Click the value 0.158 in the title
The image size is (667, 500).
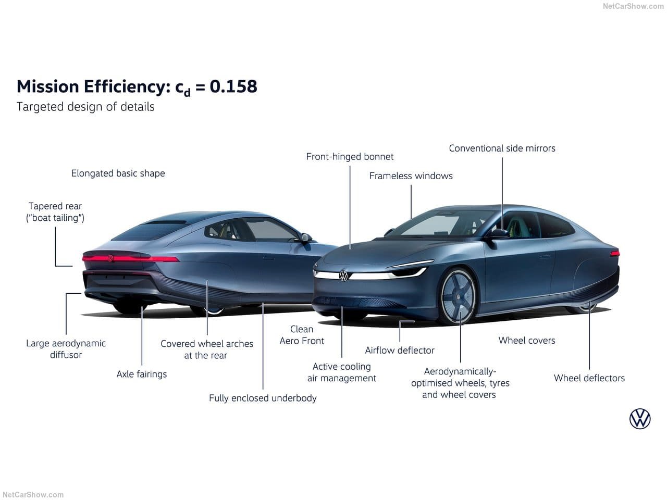[x=233, y=86]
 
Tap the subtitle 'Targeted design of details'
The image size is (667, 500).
[x=85, y=107]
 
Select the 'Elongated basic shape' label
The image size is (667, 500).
[x=118, y=173]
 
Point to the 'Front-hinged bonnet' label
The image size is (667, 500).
[x=350, y=157]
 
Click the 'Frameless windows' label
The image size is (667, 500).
[x=411, y=176]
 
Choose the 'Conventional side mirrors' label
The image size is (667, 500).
[x=502, y=148]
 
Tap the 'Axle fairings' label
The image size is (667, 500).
[x=142, y=374]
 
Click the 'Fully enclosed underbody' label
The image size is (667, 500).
[x=263, y=398]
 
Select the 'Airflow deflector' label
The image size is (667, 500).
[x=400, y=351]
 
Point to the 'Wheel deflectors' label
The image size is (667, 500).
[x=589, y=378]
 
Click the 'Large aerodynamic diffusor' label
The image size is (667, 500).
[x=66, y=349]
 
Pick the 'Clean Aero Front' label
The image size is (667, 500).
[x=302, y=335]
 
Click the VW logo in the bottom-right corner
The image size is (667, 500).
[x=640, y=419]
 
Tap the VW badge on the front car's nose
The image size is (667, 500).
[x=343, y=276]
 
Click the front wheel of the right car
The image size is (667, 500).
[x=458, y=296]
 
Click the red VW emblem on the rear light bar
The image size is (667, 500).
[x=110, y=258]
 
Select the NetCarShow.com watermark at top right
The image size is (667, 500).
[x=633, y=6]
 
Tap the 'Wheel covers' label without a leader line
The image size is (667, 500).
[x=527, y=340]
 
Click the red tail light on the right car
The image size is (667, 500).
[x=615, y=253]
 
